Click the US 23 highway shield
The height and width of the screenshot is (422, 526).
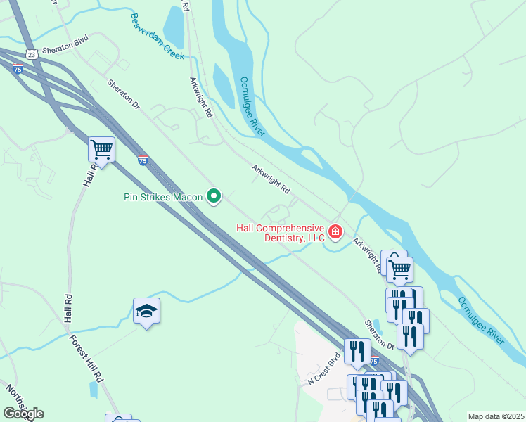pos(30,53)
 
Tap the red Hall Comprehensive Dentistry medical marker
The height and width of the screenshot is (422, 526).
pos(335,231)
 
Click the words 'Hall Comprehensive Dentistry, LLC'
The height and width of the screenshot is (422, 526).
pos(280,233)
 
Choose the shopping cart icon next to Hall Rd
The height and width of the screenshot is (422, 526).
pos(102,149)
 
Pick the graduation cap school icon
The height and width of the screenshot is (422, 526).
pos(146,310)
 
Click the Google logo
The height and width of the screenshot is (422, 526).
pos(23,413)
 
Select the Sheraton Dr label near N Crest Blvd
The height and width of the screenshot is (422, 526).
pos(379,335)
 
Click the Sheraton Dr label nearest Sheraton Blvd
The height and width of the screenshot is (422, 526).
pos(123,94)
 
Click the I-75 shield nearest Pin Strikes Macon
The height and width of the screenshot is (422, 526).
pos(143,160)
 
